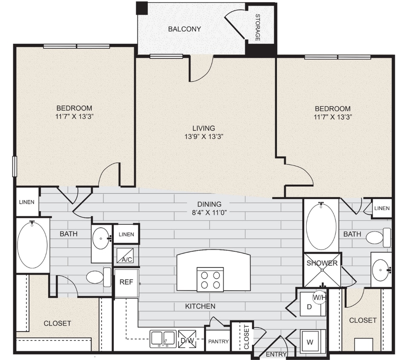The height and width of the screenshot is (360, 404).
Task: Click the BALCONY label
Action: (x=184, y=29)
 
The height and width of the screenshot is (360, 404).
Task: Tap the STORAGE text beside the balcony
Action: (x=258, y=28)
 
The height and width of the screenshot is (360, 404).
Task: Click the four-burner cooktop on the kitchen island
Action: (x=210, y=279)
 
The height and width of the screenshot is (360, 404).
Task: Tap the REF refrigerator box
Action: (x=126, y=282)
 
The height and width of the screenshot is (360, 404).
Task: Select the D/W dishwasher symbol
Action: (x=186, y=340)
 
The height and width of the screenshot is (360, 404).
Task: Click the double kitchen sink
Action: (x=163, y=339)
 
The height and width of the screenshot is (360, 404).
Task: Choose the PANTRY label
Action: (x=218, y=341)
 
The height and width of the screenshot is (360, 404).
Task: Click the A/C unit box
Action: (x=125, y=256)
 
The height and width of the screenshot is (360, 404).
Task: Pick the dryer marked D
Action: (x=309, y=307)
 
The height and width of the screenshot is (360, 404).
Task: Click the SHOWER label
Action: (x=322, y=263)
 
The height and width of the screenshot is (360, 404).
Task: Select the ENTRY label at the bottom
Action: (x=275, y=354)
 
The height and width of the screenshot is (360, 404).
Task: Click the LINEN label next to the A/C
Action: (x=126, y=234)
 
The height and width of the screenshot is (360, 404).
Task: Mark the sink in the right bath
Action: (x=380, y=269)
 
